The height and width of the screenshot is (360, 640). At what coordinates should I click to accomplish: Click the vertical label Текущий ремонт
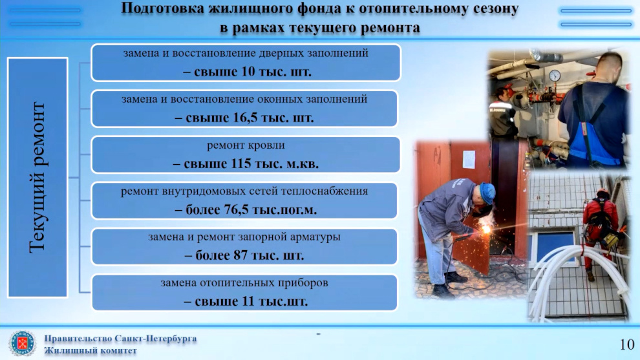pyautogui.click(x=37, y=178)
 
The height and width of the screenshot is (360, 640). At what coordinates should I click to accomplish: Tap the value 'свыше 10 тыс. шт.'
pyautogui.click(x=253, y=72)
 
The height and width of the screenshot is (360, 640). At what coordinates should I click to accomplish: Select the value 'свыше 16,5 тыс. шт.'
pyautogui.click(x=250, y=118)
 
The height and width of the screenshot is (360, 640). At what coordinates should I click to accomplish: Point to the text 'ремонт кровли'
pyautogui.click(x=246, y=145)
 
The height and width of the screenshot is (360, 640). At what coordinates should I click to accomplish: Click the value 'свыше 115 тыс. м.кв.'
pyautogui.click(x=251, y=164)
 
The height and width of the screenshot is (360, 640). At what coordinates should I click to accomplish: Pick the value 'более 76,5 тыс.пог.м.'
pyautogui.click(x=251, y=210)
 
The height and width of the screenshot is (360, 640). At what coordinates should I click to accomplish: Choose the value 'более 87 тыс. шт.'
pyautogui.click(x=250, y=255)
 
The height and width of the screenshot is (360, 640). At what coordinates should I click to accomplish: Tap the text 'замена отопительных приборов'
pyautogui.click(x=244, y=283)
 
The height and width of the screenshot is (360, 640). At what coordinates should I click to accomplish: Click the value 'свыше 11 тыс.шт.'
pyautogui.click(x=251, y=302)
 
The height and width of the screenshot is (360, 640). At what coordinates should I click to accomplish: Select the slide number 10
pyautogui.click(x=627, y=344)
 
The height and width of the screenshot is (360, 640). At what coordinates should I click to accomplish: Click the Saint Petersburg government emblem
pyautogui.click(x=22, y=343)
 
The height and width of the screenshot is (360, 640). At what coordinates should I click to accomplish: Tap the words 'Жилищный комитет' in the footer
pyautogui.click(x=91, y=350)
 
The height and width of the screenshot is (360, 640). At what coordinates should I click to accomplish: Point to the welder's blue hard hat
pyautogui.click(x=487, y=192)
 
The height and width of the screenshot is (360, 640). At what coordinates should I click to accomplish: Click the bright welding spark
pyautogui.click(x=485, y=230)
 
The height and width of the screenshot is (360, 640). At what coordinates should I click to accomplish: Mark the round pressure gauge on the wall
pyautogui.click(x=554, y=76)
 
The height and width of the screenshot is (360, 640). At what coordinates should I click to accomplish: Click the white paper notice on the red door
pyautogui.click(x=469, y=160)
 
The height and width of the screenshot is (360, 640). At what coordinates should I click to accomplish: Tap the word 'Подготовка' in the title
pyautogui.click(x=162, y=8)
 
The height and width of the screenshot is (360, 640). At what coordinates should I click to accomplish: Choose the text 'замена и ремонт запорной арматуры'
pyautogui.click(x=244, y=237)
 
